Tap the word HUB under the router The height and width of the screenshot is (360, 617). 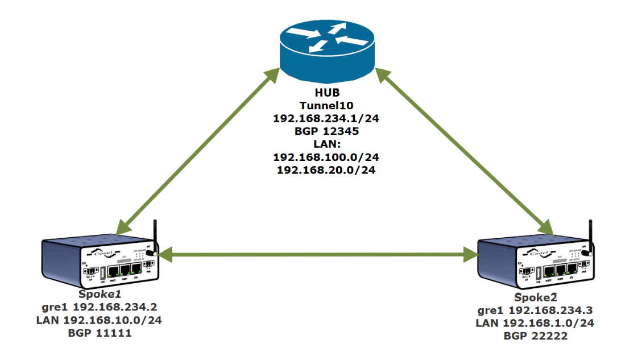pos(327,93)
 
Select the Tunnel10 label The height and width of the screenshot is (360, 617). pos(326,106)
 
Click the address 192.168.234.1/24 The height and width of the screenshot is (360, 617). pos(326,118)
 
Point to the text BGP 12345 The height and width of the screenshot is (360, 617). pos(326,131)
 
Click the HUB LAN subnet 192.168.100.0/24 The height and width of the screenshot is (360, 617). pos(326,158)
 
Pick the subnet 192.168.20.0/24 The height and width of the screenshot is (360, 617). pos(326,171)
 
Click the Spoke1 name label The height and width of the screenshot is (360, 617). pos(100,295)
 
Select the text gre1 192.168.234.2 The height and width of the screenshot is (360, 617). pos(100,307)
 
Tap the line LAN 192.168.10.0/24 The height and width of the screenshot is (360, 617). pos(99,320)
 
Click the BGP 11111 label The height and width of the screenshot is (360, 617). pos(100,333)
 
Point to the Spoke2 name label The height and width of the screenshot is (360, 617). pos(536,297)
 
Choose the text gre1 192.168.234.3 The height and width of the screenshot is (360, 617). pos(535,311)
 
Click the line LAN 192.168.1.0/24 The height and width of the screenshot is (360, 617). pos(535,323)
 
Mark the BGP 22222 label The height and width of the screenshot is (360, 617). pos(536,336)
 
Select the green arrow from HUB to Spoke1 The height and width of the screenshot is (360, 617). pos(198,151)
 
